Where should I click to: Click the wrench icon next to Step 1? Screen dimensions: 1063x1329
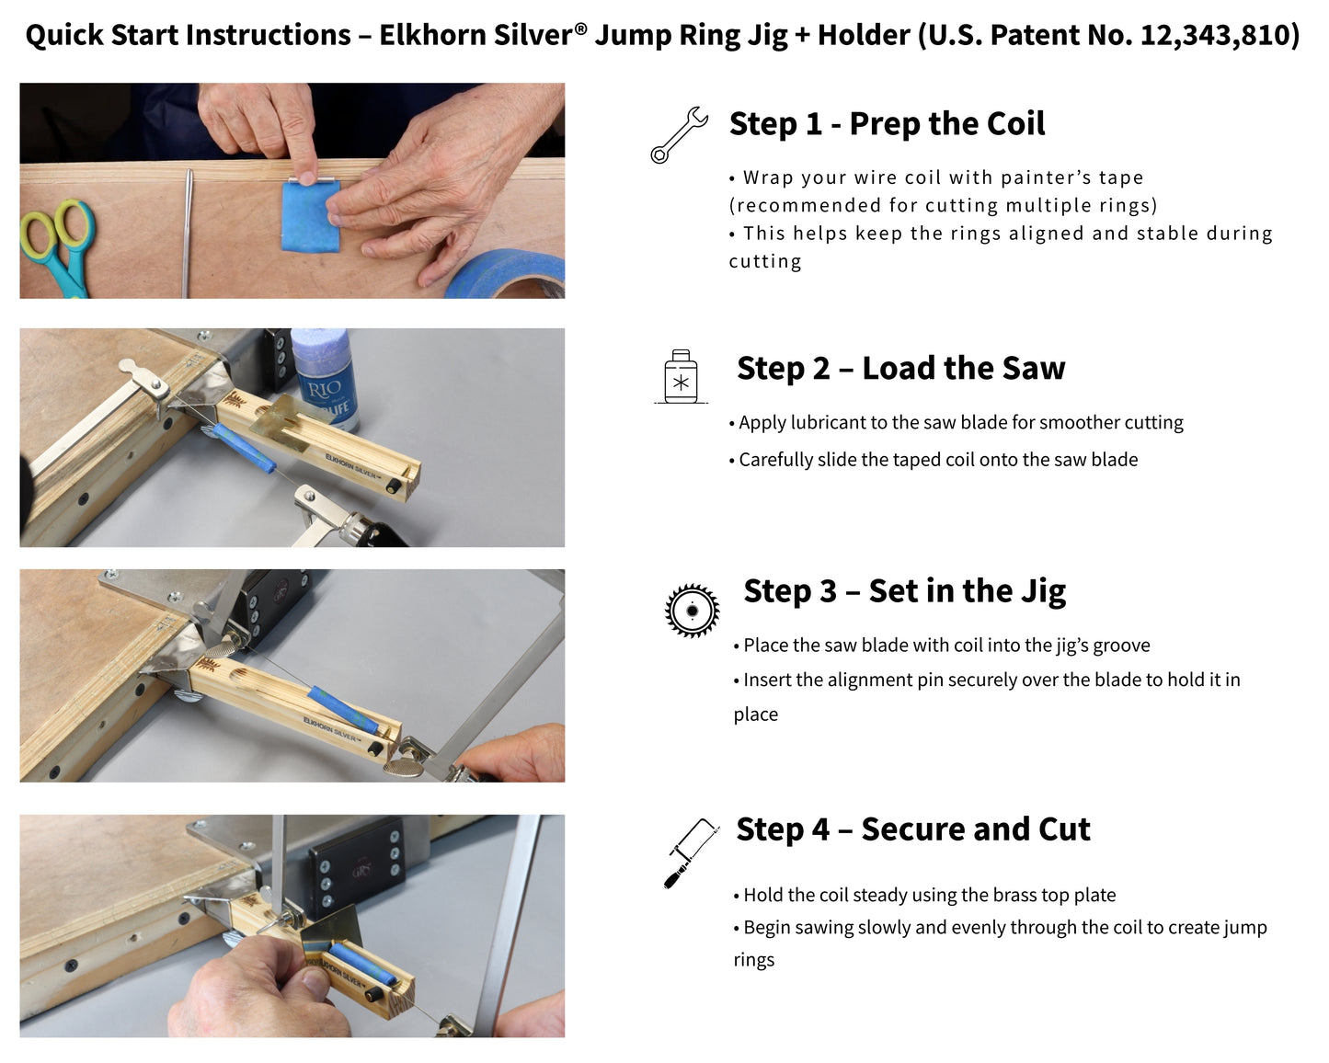[x=679, y=135]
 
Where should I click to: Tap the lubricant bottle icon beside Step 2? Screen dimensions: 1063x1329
[x=681, y=377]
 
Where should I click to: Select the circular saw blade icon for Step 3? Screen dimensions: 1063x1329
[x=692, y=611]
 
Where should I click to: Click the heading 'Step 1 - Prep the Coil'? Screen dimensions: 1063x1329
[x=887, y=124]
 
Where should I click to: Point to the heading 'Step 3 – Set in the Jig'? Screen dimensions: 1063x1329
[x=904, y=591]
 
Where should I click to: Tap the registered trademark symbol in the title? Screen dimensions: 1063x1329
[x=580, y=29]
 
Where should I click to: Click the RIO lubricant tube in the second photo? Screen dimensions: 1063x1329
[x=324, y=377]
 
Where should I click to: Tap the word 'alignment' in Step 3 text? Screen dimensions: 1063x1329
[x=856, y=680]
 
